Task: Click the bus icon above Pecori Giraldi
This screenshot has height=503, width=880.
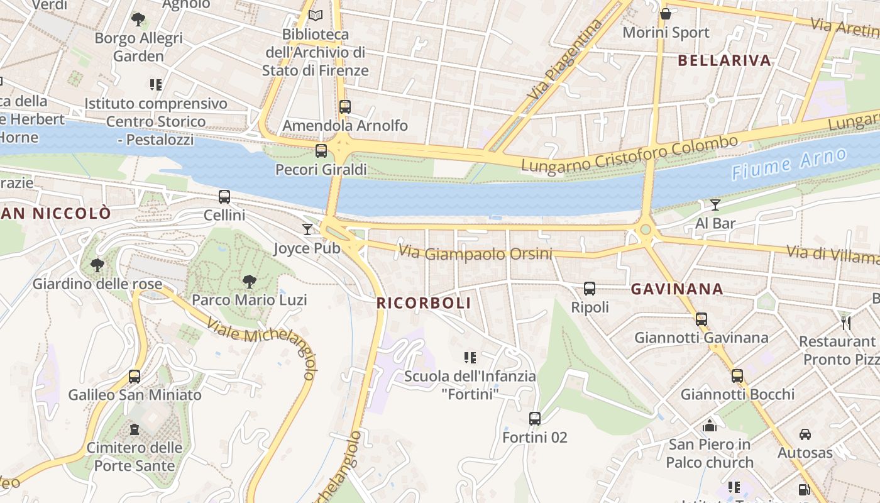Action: [321, 151]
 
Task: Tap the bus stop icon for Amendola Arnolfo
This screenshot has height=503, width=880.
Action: [344, 107]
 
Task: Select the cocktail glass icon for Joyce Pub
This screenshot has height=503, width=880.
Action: [307, 229]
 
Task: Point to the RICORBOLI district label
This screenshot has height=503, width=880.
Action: [424, 303]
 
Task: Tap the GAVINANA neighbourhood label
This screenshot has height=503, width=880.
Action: [677, 289]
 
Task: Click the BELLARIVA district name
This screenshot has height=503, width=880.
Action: [725, 60]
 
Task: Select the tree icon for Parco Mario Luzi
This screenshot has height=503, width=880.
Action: [250, 282]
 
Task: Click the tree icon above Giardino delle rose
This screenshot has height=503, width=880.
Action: [97, 265]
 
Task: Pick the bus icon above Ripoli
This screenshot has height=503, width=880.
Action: [590, 289]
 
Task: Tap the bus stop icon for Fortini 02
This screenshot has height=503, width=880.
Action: [535, 419]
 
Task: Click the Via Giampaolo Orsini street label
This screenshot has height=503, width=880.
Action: [475, 253]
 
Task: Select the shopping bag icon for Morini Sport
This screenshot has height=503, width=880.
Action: [666, 14]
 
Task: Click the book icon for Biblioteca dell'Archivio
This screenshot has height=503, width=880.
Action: [316, 15]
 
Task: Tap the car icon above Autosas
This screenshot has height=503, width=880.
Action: [805, 434]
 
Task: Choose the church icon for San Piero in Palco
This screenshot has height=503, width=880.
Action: [710, 426]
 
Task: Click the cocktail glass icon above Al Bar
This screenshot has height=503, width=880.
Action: [715, 204]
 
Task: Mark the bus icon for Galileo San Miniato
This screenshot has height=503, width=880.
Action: [135, 377]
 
